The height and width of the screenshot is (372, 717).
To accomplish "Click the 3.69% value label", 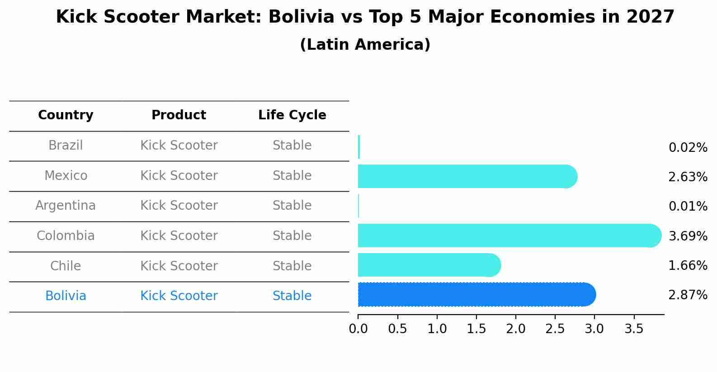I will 688,236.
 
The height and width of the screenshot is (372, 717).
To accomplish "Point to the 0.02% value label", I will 688,148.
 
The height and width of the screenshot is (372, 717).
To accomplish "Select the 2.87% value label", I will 688,295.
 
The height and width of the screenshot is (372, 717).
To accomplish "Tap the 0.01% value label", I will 688,207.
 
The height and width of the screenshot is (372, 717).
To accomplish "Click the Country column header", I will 66,115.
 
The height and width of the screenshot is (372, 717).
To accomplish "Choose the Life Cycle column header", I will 292,115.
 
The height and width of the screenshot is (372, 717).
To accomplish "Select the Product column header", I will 179,115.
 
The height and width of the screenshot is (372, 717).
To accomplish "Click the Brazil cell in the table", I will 66,146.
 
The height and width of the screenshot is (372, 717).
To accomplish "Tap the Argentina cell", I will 66,206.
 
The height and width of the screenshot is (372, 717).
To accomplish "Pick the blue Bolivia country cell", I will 66,296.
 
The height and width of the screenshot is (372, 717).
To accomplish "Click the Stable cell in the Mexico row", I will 292,176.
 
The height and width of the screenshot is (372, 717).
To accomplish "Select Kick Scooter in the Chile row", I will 179,266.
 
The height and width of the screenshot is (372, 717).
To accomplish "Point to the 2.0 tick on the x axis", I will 516,329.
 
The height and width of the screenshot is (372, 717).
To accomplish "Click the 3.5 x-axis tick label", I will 634,329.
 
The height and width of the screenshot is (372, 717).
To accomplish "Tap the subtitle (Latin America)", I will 365,45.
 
